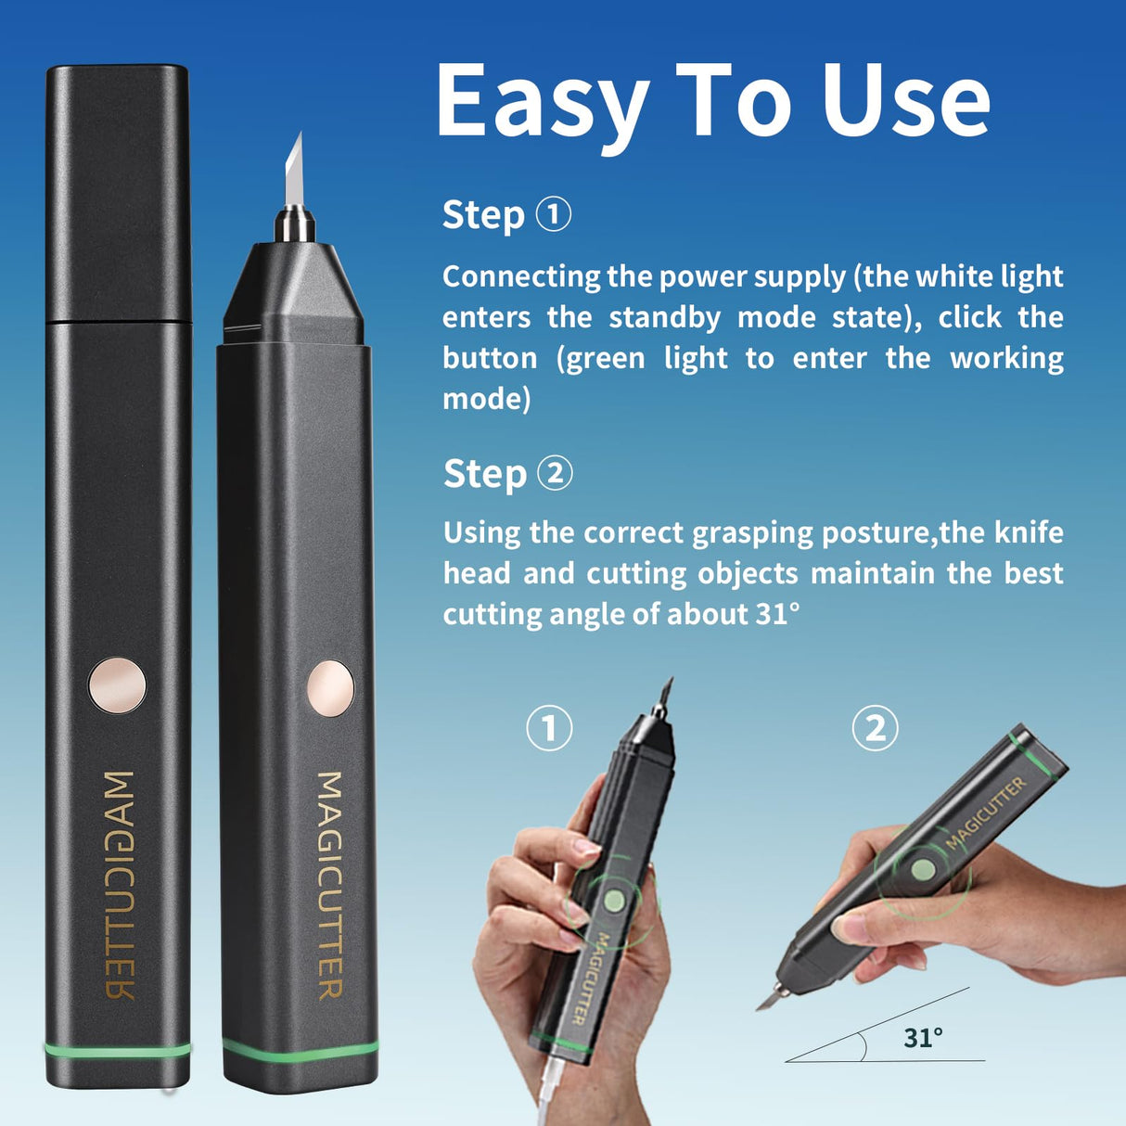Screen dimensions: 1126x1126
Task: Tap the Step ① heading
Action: click(x=505, y=214)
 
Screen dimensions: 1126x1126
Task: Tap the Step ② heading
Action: click(x=506, y=474)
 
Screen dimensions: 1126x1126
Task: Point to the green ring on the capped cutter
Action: click(x=118, y=1050)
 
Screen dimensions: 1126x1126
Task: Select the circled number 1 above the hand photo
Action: click(x=549, y=728)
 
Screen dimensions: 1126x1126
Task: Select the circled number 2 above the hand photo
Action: click(x=875, y=728)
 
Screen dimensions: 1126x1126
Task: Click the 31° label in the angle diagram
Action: click(x=923, y=1037)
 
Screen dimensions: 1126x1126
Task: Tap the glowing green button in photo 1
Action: click(x=614, y=901)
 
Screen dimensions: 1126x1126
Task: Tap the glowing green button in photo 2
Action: click(x=922, y=870)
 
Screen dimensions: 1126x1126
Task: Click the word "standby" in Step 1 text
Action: click(x=664, y=317)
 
